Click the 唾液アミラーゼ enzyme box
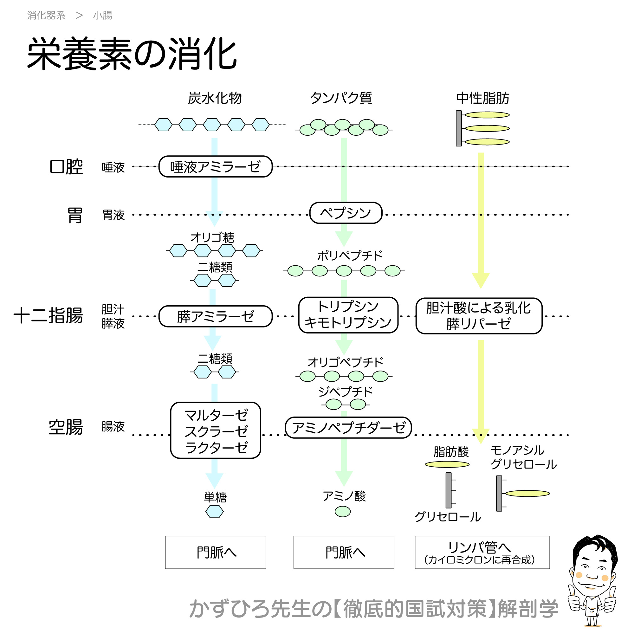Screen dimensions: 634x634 tap(215, 167)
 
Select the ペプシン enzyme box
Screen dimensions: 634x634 tap(346, 213)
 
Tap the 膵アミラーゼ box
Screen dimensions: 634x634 tap(215, 316)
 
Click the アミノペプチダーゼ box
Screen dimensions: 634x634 tap(348, 428)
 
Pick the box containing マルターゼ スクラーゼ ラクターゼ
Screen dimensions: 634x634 tap(216, 430)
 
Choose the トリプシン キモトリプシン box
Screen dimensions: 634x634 tap(348, 315)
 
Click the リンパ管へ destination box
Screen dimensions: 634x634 tap(482, 552)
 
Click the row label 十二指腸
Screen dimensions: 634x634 tap(48, 316)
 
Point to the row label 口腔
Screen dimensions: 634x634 tap(66, 167)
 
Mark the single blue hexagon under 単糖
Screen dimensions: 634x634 tap(214, 512)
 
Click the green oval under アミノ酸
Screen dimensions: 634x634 tap(343, 511)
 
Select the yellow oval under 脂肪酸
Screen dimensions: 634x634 tap(447, 464)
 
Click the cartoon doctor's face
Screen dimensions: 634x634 tap(593, 569)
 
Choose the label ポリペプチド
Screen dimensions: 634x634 tap(350, 256)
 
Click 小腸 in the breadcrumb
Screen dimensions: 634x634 tap(102, 16)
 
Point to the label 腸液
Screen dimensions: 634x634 tap(113, 427)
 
